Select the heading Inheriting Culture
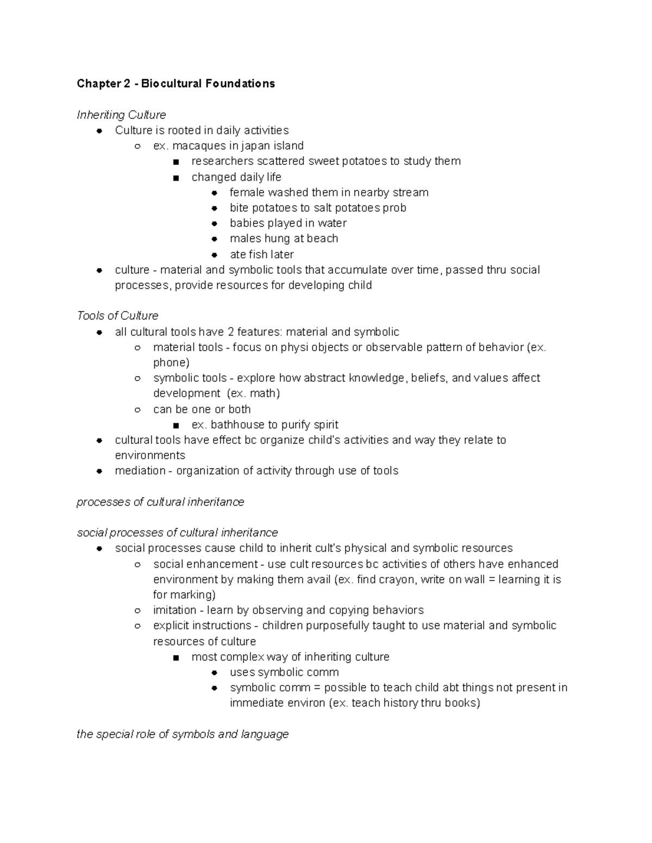coord(121,115)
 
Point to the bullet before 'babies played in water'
coord(215,224)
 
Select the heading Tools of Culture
coord(118,316)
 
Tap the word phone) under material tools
coord(171,363)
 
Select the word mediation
coord(140,471)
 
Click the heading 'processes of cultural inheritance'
coord(160,502)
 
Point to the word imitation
coord(174,610)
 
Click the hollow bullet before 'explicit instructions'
coord(138,626)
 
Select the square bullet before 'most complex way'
coord(175,657)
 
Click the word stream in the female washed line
coord(412,193)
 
